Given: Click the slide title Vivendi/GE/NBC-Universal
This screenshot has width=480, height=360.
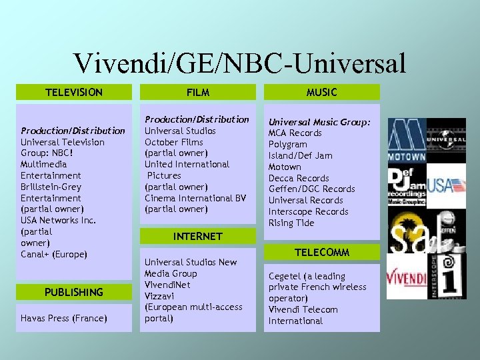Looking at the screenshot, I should click(240, 63).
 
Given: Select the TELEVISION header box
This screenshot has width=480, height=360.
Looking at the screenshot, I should click(73, 92).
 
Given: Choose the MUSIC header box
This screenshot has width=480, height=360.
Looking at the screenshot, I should click(321, 92).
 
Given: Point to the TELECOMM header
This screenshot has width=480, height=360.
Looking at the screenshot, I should click(321, 253).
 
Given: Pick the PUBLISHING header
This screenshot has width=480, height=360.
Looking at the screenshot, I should click(73, 292).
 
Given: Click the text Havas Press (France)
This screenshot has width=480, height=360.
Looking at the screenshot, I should click(64, 318).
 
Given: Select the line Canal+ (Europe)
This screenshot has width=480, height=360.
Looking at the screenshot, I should click(54, 254).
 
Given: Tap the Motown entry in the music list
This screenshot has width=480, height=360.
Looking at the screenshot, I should click(285, 167).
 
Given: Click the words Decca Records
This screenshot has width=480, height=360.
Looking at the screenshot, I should click(299, 178).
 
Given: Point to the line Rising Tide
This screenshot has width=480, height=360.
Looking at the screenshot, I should click(291, 223).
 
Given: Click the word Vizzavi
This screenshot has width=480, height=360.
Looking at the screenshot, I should click(159, 295).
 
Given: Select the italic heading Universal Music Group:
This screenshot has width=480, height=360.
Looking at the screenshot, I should click(319, 122).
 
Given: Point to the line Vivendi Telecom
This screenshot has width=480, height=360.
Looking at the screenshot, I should click(303, 309).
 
